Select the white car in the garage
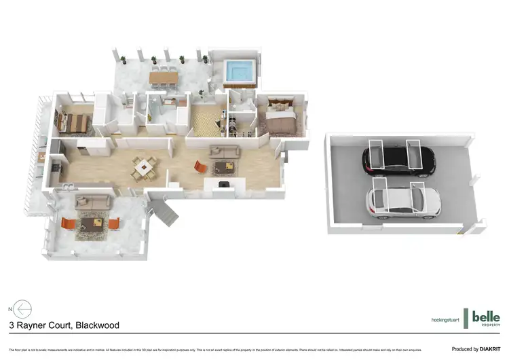click(403, 200)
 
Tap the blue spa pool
click(239, 69)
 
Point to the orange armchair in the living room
click(199, 166)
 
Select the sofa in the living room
click(224, 151)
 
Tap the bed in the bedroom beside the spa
click(279, 120)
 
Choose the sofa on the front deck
click(92, 201)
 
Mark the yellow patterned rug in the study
click(206, 122)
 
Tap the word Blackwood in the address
click(98, 325)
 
